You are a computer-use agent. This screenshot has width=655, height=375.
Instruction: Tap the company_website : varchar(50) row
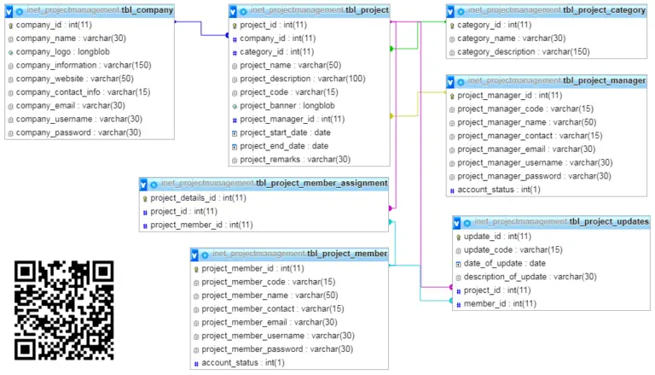[69, 79]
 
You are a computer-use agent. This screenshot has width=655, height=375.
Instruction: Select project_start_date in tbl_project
[285, 132]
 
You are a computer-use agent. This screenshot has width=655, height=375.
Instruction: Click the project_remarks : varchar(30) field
[294, 159]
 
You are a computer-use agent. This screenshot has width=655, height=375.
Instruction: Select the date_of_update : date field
[504, 263]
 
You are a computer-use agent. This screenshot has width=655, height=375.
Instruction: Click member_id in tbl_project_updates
[500, 303]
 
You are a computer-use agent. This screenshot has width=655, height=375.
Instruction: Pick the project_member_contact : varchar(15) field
[272, 308]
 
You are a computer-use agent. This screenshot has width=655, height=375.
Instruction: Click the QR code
[64, 310]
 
